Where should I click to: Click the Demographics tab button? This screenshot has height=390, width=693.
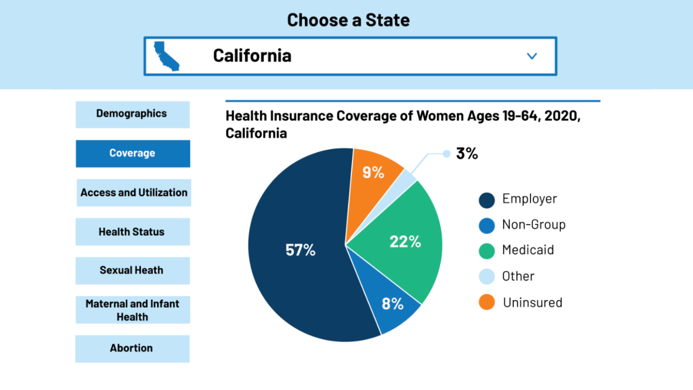tap(132, 114)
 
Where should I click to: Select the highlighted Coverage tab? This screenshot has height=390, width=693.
tap(133, 153)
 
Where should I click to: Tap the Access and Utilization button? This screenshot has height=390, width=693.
tap(134, 192)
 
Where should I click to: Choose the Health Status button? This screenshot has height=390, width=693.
tap(132, 232)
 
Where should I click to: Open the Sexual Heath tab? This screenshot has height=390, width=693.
tap(132, 270)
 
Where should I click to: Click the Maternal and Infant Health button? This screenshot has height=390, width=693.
tap(133, 310)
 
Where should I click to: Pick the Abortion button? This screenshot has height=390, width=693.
tap(132, 348)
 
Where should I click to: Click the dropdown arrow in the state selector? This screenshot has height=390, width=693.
tap(532, 56)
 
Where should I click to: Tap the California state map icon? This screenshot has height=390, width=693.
tap(166, 56)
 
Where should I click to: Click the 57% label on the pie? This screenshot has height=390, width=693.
tap(300, 250)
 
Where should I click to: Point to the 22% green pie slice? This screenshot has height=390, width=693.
tap(406, 242)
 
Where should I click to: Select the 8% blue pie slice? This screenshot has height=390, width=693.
tap(393, 304)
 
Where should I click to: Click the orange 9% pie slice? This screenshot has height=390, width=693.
tap(374, 172)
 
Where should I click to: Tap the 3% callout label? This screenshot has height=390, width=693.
tap(467, 153)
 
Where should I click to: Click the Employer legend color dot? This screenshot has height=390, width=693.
tap(487, 200)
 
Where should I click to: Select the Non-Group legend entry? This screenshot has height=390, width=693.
tap(533, 224)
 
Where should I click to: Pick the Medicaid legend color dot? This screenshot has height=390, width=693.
tap(487, 251)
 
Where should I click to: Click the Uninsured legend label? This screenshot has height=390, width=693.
tap(532, 302)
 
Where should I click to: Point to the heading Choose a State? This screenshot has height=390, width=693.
tap(348, 20)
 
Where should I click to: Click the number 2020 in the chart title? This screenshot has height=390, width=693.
tap(561, 116)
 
